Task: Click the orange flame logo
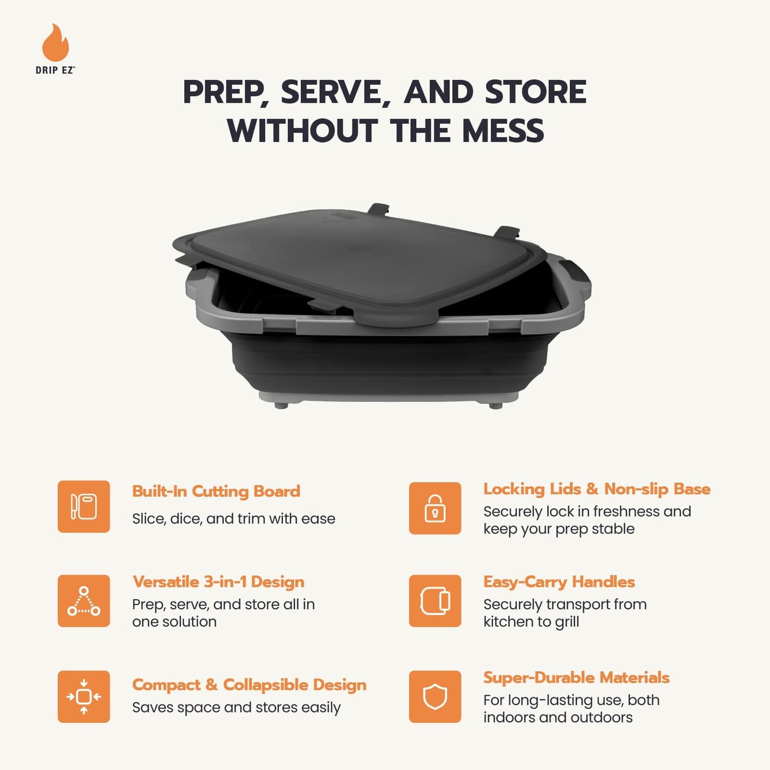[x=55, y=43]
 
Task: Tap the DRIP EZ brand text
[x=55, y=70]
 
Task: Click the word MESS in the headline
[x=503, y=130]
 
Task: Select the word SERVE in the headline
[x=331, y=92]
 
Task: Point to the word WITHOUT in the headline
[x=302, y=130]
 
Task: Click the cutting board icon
[x=84, y=507]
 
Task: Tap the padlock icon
[x=435, y=508]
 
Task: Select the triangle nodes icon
[x=84, y=601]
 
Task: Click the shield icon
[x=435, y=697]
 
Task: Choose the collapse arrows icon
[x=84, y=697]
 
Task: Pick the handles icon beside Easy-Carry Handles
[x=435, y=601]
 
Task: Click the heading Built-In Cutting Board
[x=216, y=491]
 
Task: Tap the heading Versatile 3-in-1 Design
[x=218, y=582]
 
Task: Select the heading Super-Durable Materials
[x=576, y=678]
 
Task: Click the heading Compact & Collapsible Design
[x=249, y=685]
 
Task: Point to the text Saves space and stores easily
[x=236, y=707]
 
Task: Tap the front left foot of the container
[x=281, y=405]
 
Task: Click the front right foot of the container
[x=495, y=405]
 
